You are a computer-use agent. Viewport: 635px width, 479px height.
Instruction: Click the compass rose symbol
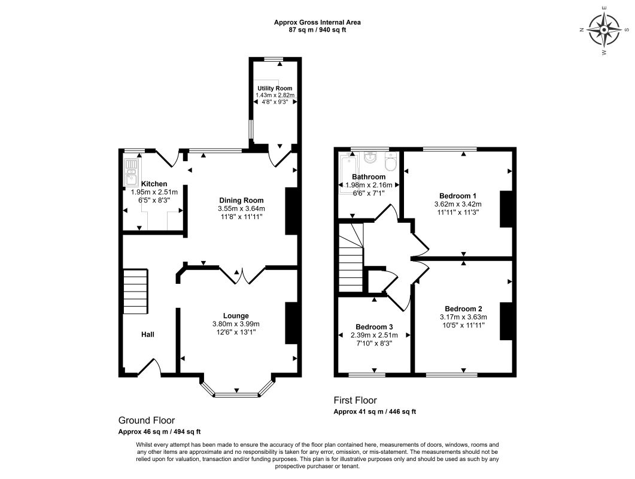point(604,30)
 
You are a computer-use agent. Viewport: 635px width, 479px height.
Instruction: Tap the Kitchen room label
point(154,184)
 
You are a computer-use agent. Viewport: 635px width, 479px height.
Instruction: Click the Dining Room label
point(241,200)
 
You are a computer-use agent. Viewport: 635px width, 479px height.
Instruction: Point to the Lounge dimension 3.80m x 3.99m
point(236,324)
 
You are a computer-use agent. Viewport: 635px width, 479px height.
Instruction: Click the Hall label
point(148,334)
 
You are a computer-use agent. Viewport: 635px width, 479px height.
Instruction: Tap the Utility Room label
point(275,89)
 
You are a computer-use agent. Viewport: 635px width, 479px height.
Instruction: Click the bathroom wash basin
point(370,158)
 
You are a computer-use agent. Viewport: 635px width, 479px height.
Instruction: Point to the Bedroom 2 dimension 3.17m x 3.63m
point(464,317)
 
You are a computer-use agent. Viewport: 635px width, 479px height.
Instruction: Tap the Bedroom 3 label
point(374,327)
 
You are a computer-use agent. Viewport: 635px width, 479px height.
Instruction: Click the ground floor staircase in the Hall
point(135,292)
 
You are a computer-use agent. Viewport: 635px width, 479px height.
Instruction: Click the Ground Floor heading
point(147,420)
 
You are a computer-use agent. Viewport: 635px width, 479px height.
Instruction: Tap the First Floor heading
point(355,401)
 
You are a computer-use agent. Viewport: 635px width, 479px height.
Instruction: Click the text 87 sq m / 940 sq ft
point(317,29)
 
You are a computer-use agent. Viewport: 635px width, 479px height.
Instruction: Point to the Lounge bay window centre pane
point(236,395)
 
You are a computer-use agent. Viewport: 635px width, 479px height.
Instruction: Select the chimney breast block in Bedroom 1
point(506,209)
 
